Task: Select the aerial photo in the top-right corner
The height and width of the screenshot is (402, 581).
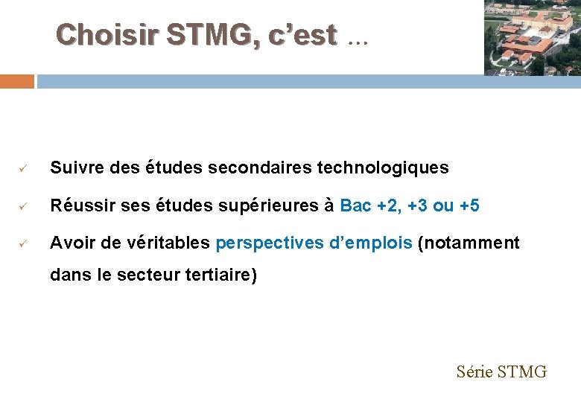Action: click(x=532, y=37)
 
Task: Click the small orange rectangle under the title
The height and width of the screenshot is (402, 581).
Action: click(x=16, y=81)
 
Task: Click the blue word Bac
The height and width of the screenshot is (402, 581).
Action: click(x=355, y=205)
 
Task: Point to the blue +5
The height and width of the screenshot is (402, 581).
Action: click(x=469, y=205)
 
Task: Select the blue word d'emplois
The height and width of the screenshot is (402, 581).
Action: click(x=370, y=242)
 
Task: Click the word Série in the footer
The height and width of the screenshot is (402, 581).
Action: click(x=474, y=371)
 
